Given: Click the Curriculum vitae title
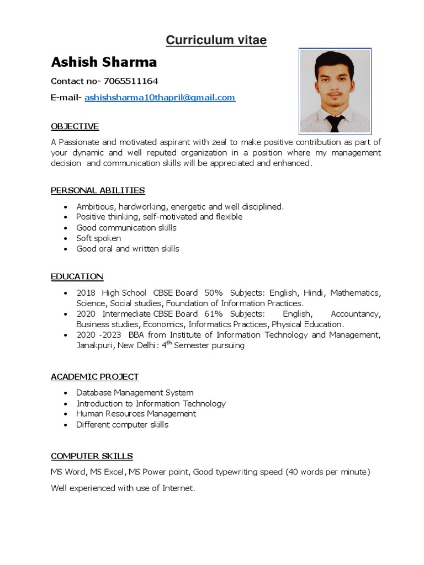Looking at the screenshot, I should coord(216,40).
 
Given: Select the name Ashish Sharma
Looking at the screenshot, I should coord(104,62).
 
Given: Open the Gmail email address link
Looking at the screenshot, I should coord(160,98).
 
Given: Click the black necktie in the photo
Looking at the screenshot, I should coord(335,123).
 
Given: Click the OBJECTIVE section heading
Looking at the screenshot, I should coord(75,126).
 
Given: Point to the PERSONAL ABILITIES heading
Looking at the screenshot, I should coord(98,190).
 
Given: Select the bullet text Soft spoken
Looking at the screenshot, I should coord(98,238).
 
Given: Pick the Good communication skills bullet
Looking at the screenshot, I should coord(126,228).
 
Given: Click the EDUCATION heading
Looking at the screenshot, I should coord(77,276).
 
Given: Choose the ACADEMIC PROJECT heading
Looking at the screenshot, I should coord(94,377).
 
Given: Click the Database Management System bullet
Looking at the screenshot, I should coord(135,393).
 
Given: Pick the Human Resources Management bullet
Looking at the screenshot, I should coord(136,414).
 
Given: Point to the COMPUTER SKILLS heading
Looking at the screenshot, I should coord(92,456).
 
